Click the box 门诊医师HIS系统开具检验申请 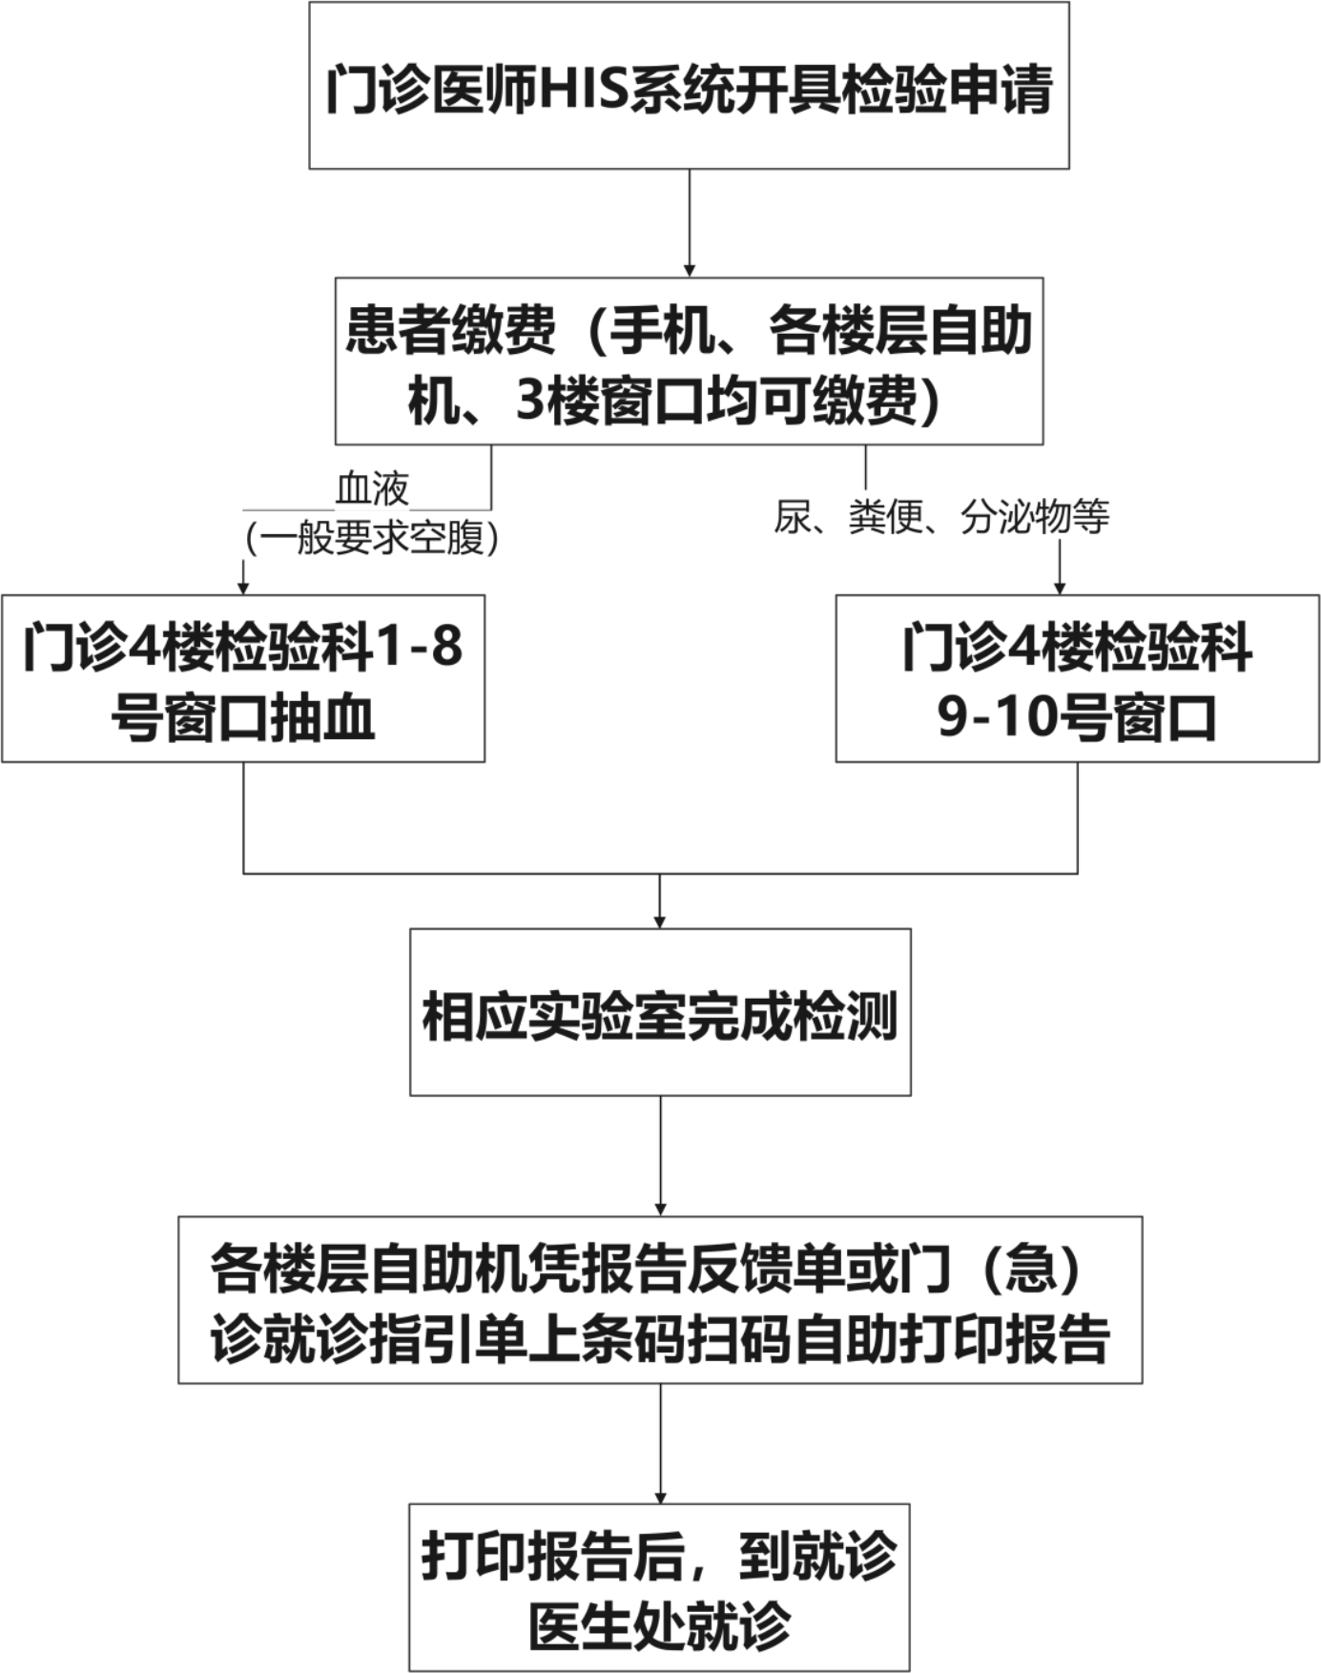(689, 86)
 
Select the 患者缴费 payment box (689, 361)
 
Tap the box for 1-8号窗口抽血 (243, 678)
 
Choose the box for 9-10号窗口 (1078, 678)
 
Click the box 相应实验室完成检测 (660, 1012)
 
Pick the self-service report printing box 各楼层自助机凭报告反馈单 (660, 1300)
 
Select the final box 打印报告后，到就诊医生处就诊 (660, 1588)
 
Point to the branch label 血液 (372, 489)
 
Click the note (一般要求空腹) (372, 538)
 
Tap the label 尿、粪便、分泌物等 (941, 517)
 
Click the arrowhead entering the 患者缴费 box (690, 271)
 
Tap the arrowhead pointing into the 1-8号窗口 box (243, 589)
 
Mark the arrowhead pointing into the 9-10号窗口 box (1059, 589)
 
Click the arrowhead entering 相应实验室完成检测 (659, 921)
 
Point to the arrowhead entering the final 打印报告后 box (660, 1497)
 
